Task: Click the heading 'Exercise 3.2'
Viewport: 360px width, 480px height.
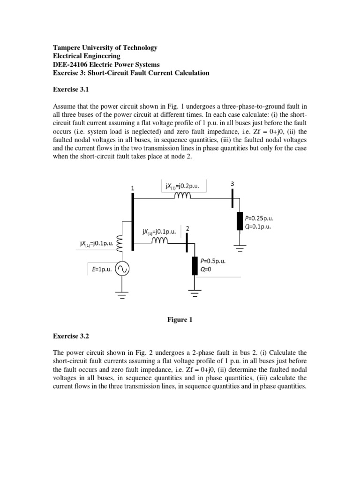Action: (x=66, y=336)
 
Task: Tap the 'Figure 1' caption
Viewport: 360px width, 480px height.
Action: (x=180, y=320)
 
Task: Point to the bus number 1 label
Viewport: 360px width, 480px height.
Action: (x=133, y=188)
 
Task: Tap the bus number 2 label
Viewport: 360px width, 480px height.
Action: (x=187, y=228)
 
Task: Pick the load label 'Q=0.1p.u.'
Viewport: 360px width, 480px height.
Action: (x=258, y=226)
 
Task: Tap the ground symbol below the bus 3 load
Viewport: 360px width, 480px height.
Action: (x=240, y=248)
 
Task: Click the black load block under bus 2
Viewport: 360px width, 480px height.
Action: (x=195, y=266)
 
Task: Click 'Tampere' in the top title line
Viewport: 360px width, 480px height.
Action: (x=64, y=48)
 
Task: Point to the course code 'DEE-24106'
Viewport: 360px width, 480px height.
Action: (x=65, y=65)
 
